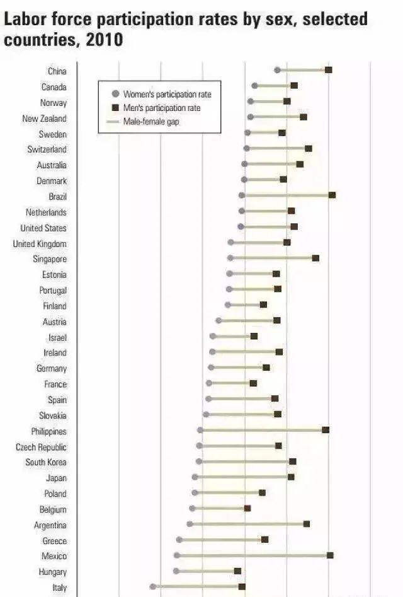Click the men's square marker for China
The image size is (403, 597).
329,70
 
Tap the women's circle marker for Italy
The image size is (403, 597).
153,586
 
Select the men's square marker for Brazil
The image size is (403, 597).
332,195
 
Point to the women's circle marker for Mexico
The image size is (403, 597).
177,555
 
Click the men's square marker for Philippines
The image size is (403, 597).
326,430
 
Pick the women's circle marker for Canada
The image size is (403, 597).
254,86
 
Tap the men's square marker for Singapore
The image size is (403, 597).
315,258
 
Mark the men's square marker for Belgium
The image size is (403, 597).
247,508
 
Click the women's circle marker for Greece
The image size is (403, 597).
179,540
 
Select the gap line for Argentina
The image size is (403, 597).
248,524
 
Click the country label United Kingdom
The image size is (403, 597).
40,244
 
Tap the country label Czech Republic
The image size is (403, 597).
41,447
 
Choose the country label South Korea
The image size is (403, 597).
46,463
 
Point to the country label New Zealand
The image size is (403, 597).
44,119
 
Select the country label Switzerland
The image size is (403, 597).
47,149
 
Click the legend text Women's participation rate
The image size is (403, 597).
167,95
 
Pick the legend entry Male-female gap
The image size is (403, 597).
150,122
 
